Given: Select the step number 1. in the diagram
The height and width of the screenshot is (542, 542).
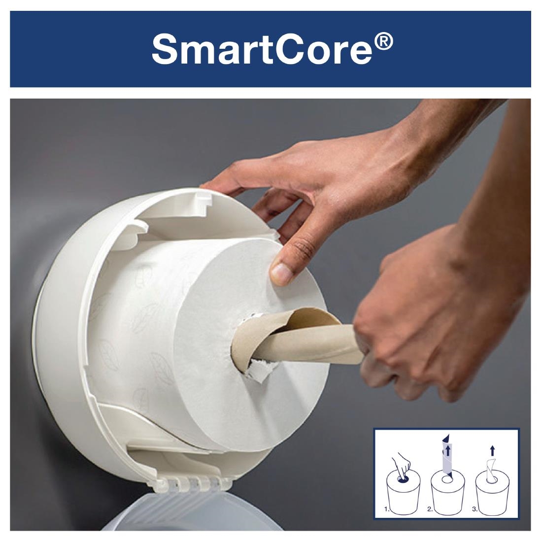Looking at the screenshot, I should [387, 510].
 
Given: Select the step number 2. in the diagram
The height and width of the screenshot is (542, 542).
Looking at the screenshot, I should [431, 510].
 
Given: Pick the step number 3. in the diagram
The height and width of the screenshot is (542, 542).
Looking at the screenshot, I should [474, 510].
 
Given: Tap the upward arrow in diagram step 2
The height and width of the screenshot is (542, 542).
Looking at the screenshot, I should [447, 451].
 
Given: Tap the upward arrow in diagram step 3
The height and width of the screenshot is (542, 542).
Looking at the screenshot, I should [493, 449].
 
